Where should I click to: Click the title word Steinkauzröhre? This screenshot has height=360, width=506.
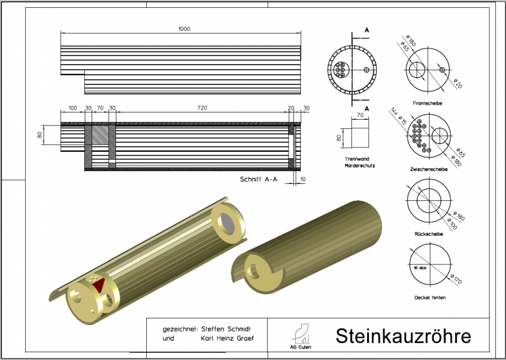(x=403, y=336)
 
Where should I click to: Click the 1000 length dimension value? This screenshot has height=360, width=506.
(x=184, y=28)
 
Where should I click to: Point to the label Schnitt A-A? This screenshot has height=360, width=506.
(x=259, y=179)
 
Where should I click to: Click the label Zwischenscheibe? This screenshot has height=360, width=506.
(x=429, y=168)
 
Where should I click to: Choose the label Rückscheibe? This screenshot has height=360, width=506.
(x=429, y=233)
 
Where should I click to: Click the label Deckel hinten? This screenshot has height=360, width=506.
(x=429, y=297)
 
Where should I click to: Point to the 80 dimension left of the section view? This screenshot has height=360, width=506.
(x=40, y=136)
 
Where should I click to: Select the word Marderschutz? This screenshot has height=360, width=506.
(x=360, y=166)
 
